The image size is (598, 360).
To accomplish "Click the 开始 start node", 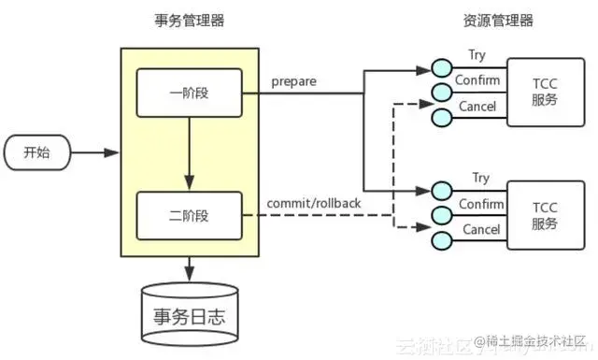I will coord(36,152).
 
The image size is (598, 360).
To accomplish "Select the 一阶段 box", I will coord(190,93).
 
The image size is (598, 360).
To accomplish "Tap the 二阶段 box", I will coord(190,215).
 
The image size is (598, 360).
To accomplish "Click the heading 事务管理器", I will coord(189,21).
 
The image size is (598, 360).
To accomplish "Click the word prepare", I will coord(293,81).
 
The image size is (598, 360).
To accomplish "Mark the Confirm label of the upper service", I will coord(477,80).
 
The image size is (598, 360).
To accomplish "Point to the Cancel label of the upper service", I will coord(477,107).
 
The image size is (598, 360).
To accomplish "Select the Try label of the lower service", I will coord(480,178).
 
